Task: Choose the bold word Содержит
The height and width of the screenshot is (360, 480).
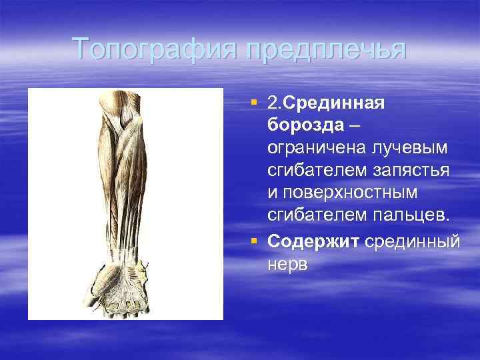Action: pos(314,241)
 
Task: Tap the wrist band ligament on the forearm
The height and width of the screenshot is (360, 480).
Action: pos(124,253)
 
